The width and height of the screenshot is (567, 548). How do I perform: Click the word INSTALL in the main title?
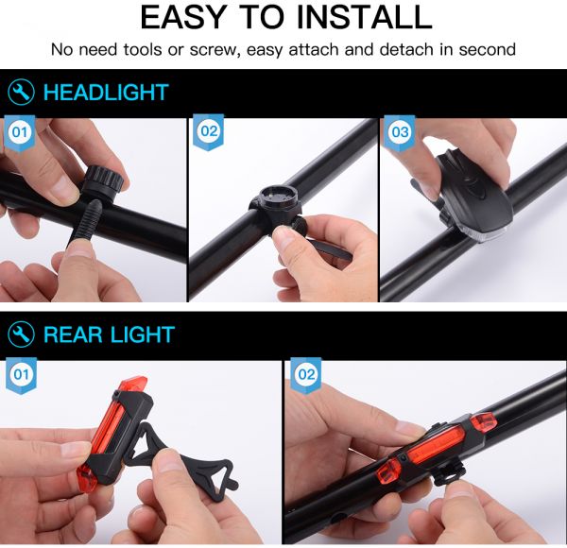(x=364, y=17)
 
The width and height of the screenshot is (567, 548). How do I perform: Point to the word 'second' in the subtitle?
(x=487, y=49)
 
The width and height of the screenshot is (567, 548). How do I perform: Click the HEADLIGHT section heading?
(x=106, y=93)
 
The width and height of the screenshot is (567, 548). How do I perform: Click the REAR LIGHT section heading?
(x=109, y=334)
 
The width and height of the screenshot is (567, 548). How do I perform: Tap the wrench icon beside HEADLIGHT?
(x=22, y=93)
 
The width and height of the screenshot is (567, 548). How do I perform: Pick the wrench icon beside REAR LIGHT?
(x=22, y=334)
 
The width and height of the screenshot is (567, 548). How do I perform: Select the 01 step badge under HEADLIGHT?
(x=20, y=132)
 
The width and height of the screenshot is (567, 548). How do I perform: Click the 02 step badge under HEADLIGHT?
(x=209, y=131)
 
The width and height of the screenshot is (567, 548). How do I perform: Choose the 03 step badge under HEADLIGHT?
(x=400, y=132)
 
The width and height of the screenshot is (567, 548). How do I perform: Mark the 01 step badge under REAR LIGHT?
(x=21, y=375)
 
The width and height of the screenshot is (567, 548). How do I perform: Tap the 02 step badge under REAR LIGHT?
(x=306, y=375)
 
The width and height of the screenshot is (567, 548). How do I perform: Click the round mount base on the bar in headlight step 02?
(x=276, y=206)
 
